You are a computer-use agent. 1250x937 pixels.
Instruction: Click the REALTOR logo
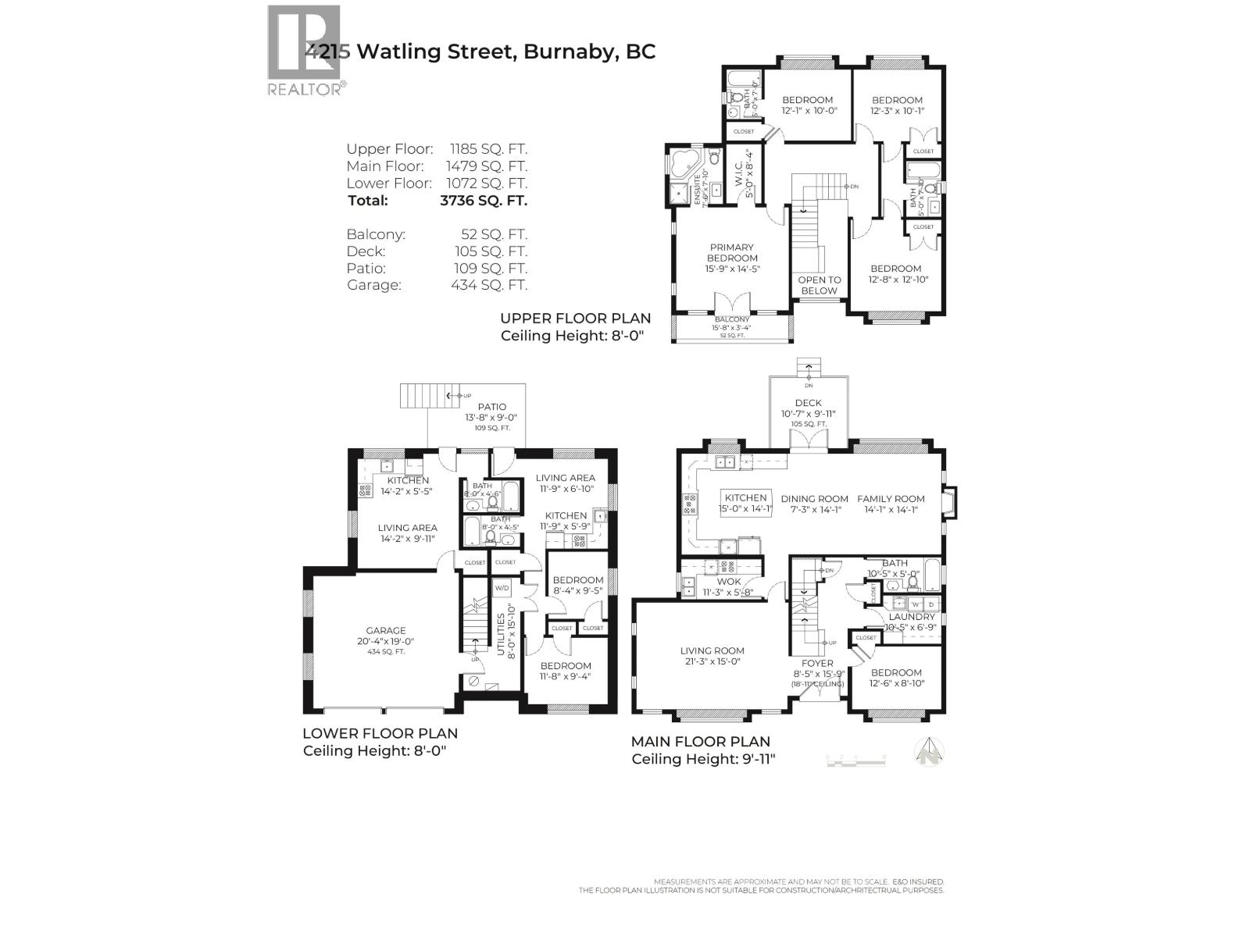point(305,51)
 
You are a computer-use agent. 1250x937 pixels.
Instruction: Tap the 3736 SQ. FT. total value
point(484,200)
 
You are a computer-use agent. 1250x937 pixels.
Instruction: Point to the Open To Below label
point(819,285)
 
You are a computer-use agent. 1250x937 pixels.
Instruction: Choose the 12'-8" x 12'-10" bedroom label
point(896,273)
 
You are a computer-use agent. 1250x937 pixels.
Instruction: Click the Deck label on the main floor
point(808,403)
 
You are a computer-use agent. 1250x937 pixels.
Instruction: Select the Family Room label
point(891,499)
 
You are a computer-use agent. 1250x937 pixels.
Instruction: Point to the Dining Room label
point(814,499)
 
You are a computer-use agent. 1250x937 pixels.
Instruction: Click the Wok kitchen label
point(728,582)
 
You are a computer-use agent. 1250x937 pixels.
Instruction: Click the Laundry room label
point(911,617)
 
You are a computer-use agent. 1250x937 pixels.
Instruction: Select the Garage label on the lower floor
point(386,631)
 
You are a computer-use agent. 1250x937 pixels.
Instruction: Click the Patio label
point(491,407)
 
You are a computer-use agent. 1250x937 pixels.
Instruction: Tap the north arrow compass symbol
point(930,752)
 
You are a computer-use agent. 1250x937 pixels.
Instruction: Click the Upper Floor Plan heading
point(575,318)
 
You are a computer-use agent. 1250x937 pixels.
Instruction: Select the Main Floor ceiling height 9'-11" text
point(703,759)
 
